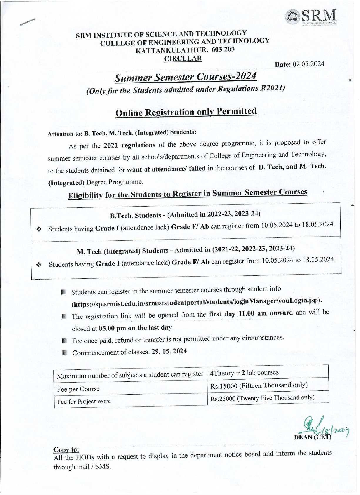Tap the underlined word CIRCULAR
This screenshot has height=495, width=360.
click(183, 58)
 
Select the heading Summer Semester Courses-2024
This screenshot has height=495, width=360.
click(185, 77)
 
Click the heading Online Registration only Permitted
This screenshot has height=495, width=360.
click(186, 112)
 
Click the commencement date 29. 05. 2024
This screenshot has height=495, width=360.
click(169, 352)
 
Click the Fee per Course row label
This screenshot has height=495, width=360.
click(78, 389)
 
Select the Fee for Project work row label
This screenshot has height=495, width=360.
click(84, 401)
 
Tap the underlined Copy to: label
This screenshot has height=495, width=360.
click(66, 450)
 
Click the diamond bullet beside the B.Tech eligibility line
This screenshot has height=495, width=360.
click(38, 229)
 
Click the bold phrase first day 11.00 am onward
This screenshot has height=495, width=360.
click(251, 313)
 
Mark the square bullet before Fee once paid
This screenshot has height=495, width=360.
click(65, 341)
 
